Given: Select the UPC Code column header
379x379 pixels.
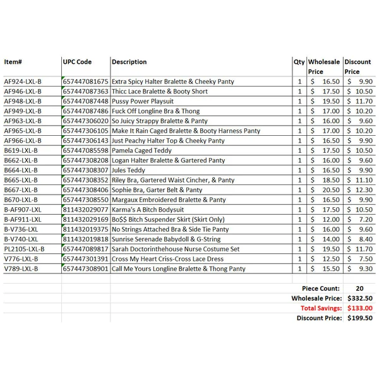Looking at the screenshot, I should (77, 62).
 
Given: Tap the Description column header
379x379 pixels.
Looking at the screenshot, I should (129, 62).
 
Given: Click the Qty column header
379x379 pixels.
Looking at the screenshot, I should (299, 62).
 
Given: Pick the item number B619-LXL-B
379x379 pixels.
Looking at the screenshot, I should (21, 151).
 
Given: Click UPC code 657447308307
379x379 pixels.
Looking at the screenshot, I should (86, 171).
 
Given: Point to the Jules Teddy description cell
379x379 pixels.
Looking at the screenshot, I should (128, 171).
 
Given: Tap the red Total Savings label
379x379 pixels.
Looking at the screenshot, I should (321, 308).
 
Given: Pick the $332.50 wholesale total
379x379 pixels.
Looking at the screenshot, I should (359, 298).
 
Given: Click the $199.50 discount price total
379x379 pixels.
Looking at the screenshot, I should (359, 318).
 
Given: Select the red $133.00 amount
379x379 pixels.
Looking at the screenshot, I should (359, 308).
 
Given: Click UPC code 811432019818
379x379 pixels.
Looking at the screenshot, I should (86, 239).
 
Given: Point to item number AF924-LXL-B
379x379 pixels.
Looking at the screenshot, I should (23, 82).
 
